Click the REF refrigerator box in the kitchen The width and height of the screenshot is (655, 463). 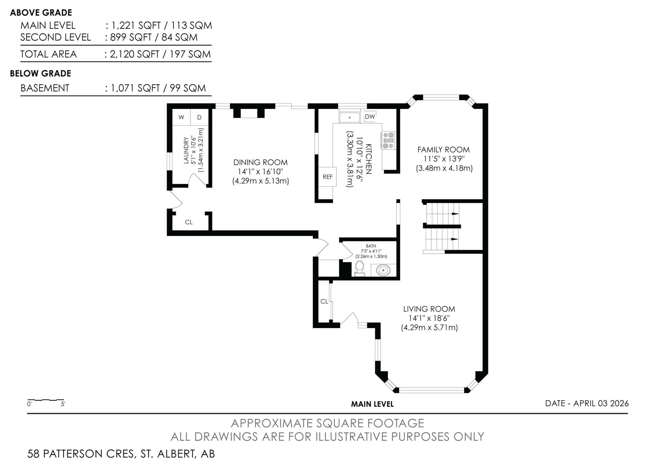pos(327,177)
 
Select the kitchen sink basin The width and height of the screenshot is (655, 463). pos(350,117)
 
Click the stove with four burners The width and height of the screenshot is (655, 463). pos(388,140)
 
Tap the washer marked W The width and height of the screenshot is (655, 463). pos(181,117)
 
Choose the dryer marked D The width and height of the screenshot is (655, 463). pos(199,117)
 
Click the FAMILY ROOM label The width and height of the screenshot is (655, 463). pos(443,150)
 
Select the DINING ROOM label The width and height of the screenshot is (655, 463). pos(260,162)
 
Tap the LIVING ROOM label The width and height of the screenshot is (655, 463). pos(429,309)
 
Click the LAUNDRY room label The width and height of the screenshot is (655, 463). pos(186,150)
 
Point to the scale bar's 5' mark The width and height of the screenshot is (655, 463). pos(63,404)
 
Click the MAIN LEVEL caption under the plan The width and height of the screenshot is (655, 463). pos(372,404)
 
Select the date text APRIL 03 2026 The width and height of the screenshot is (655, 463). pos(601,403)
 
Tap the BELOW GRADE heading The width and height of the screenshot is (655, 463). pos(41,73)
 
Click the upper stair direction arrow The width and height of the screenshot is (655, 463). pos(455,213)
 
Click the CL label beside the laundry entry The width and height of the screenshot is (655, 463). pos(189,222)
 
